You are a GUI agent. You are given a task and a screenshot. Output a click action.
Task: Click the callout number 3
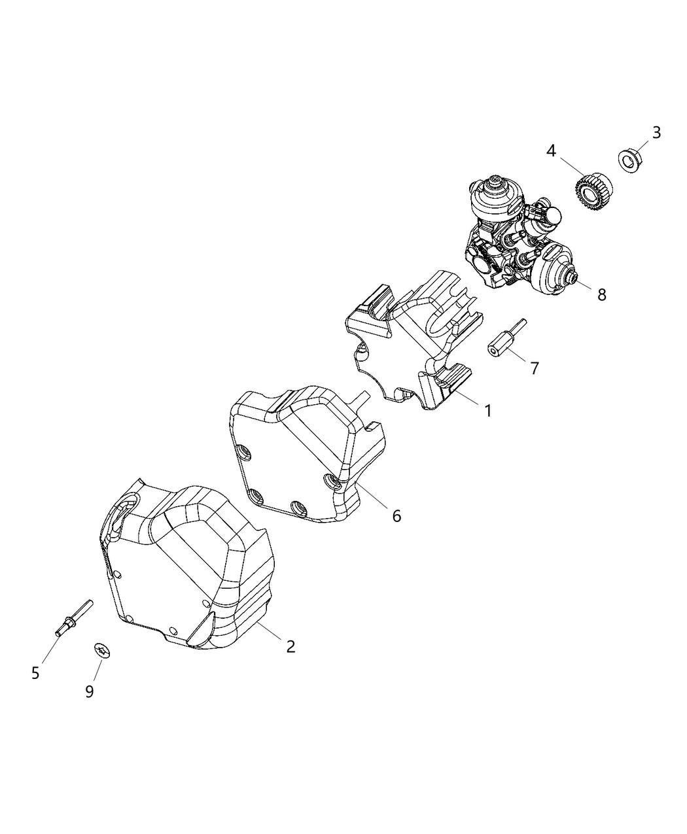656,133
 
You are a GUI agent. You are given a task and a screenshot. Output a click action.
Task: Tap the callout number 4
551,151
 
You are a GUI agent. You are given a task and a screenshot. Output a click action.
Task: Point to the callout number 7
535,368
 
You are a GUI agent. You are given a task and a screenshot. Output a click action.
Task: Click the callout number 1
487,411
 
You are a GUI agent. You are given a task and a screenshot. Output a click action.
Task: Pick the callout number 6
396,516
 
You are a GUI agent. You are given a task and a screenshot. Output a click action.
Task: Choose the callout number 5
35,673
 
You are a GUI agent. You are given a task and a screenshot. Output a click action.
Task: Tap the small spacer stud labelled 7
507,338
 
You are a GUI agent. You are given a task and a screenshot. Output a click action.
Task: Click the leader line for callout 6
371,496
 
